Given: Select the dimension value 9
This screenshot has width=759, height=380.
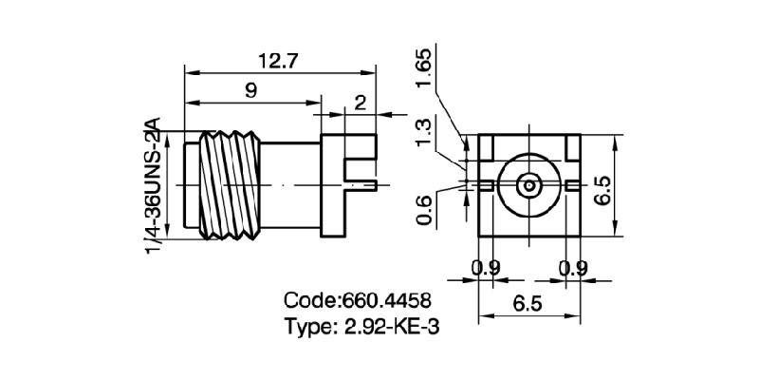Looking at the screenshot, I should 252,90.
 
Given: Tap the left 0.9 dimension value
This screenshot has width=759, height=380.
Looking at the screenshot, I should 486,269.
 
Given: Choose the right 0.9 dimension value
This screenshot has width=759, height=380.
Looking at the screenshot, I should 572,269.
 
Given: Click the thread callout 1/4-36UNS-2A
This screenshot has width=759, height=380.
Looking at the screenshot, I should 152,185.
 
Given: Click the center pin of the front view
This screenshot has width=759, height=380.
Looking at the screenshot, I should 528,184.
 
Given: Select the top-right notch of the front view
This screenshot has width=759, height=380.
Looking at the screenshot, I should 570,144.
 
